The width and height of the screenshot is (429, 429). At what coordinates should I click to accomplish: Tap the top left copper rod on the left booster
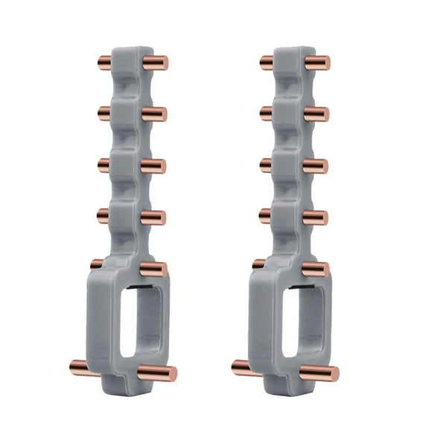click(x=104, y=60)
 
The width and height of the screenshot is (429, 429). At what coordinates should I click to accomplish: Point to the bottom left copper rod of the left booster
click(x=80, y=366)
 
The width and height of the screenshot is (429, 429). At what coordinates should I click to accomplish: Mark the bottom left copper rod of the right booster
click(x=243, y=367)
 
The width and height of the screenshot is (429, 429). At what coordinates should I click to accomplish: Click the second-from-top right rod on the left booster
click(x=155, y=114)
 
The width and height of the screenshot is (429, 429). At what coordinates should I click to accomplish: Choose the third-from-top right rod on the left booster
click(x=154, y=165)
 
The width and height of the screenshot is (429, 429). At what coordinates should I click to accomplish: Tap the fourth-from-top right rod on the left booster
click(x=154, y=217)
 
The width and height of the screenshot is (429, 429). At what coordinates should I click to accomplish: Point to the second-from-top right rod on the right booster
click(x=317, y=114)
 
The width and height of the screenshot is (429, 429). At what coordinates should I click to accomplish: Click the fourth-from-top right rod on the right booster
click(x=316, y=217)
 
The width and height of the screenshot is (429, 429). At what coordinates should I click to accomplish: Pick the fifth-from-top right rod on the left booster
click(x=153, y=268)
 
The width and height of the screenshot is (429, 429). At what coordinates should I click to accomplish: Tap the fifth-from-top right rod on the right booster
click(x=316, y=268)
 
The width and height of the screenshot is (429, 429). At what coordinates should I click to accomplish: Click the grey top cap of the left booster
click(x=130, y=55)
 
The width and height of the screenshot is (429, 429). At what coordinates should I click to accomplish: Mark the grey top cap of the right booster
click(x=291, y=55)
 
